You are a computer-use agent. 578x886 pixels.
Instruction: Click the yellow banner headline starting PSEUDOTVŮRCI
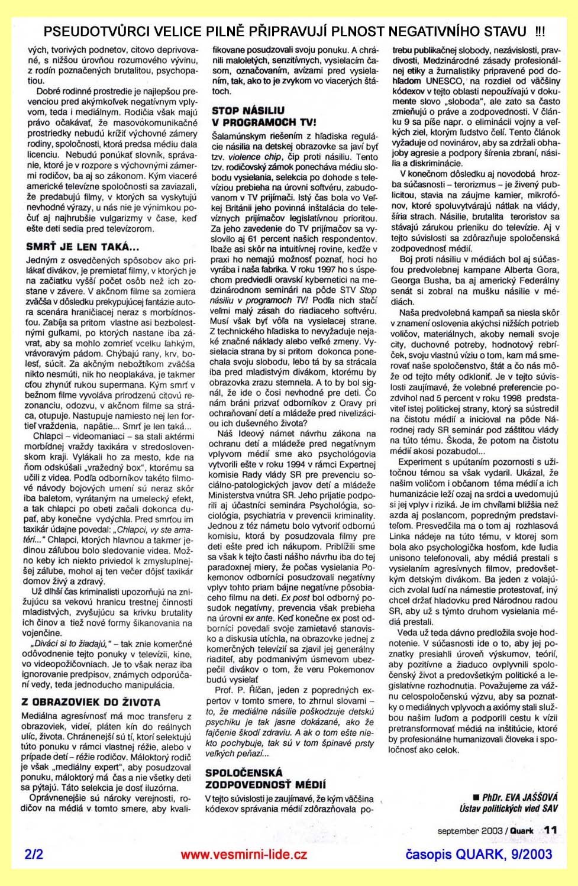coord(285,31)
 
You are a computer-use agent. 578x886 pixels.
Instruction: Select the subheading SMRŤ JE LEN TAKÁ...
coord(82,247)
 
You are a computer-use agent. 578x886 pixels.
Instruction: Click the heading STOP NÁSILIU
coord(248,111)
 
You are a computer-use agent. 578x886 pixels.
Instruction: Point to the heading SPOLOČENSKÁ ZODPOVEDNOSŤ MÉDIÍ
coord(266,778)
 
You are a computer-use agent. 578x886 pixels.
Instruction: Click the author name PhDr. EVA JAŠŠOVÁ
coord(520,797)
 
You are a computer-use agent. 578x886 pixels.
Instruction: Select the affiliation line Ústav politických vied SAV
coord(508,809)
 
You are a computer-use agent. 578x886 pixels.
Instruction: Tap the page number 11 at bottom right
coord(550,830)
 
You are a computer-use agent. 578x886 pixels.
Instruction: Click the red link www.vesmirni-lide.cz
coord(244,855)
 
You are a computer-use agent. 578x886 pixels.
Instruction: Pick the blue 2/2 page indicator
coord(34,855)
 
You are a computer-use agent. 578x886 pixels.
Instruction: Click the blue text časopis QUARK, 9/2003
coord(479,855)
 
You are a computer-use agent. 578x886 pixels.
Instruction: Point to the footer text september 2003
coord(470,831)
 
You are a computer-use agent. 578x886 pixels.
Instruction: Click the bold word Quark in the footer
coord(522,831)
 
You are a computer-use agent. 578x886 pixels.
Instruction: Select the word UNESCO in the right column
coord(445,81)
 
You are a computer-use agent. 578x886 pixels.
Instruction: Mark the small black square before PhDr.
coord(476,798)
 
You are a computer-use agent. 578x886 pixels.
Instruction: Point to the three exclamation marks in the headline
coord(540,31)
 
